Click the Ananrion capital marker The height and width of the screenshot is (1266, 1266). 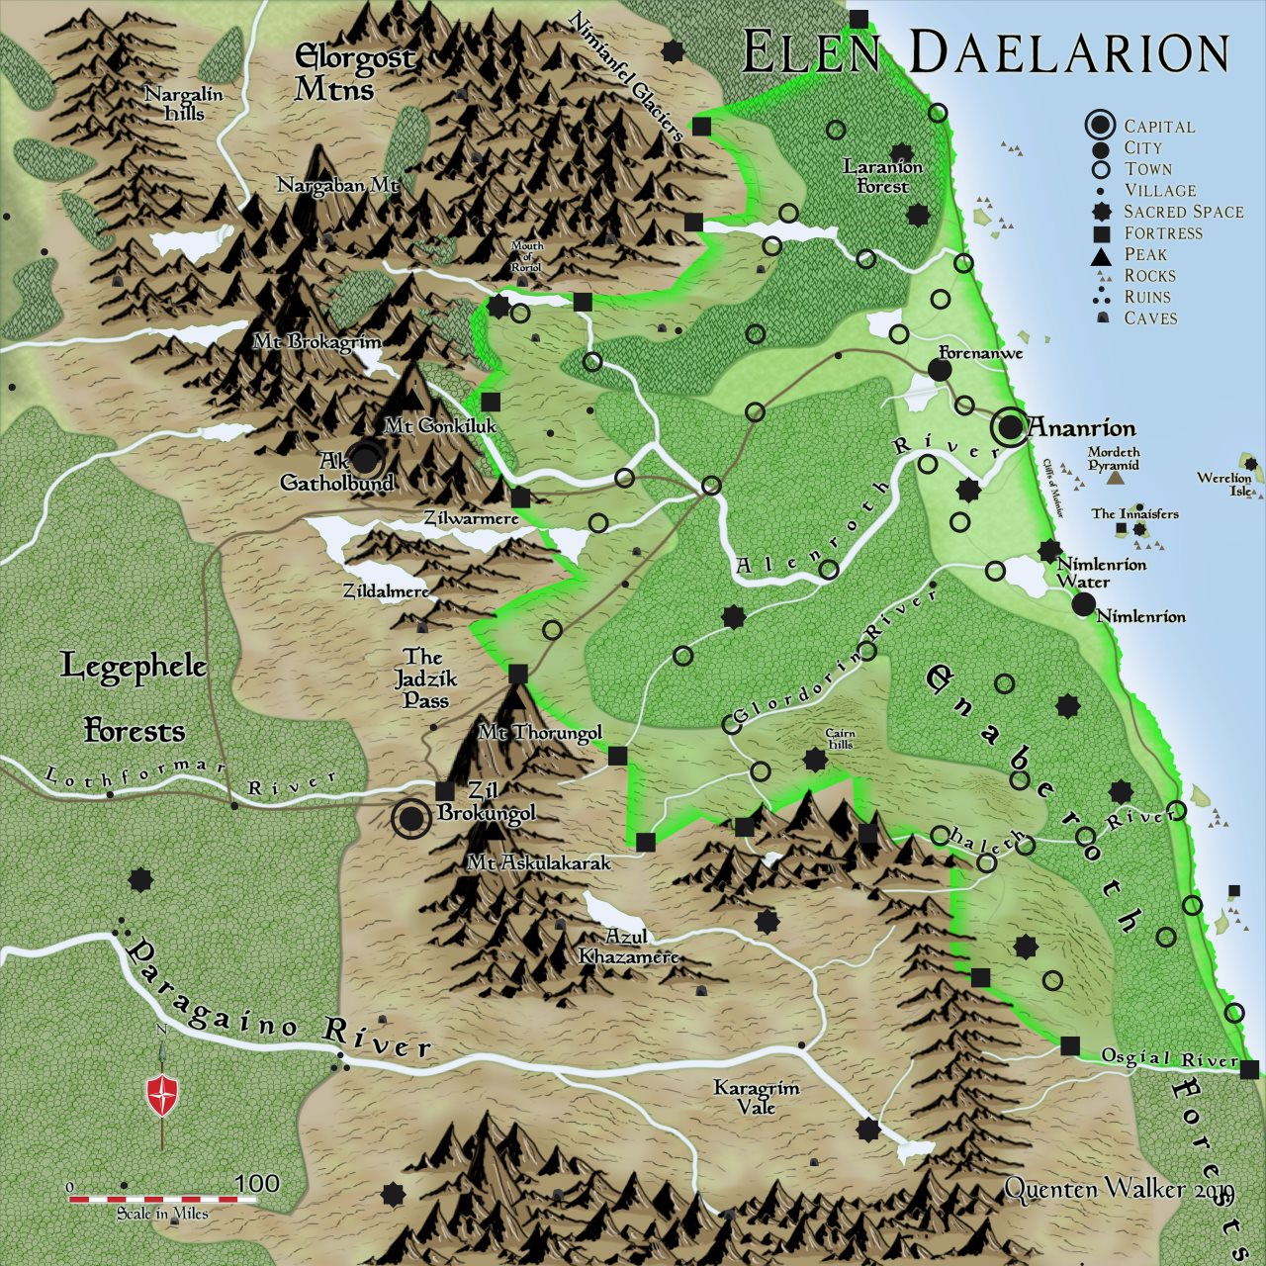(1010, 427)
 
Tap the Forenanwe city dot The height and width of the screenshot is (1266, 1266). (940, 370)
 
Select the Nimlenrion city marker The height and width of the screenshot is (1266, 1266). (1083, 604)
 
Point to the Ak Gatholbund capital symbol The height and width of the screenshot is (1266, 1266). (365, 459)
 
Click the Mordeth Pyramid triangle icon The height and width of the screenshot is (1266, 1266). (1115, 478)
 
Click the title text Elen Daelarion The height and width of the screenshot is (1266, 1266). (985, 52)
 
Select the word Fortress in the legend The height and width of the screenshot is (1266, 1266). (1163, 233)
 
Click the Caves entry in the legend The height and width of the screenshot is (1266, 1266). (1150, 318)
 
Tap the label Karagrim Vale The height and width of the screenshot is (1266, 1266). (757, 1097)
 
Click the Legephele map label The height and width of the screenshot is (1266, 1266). (134, 666)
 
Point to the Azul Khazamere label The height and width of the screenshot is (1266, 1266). (628, 947)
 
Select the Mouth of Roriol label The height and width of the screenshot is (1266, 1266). (526, 257)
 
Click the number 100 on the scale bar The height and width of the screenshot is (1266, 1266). (257, 1183)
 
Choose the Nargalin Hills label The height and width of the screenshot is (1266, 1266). (184, 104)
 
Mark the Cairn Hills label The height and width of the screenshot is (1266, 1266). (840, 739)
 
